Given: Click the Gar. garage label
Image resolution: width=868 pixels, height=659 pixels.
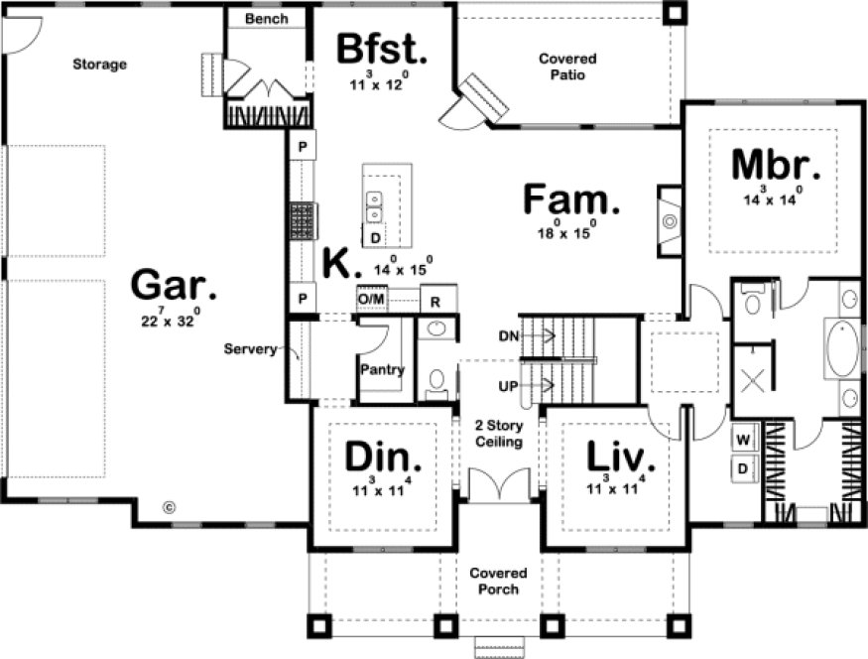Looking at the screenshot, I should [x=174, y=287].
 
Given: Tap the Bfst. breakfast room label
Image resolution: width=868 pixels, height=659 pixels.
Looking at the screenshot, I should [x=382, y=48].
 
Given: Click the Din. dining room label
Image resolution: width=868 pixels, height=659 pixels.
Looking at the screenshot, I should [x=382, y=458].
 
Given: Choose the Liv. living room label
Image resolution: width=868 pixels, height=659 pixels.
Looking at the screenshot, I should [x=621, y=458].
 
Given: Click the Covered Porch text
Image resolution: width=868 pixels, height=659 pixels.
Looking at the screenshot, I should [x=498, y=582].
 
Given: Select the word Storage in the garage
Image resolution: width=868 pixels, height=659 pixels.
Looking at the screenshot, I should [x=99, y=65].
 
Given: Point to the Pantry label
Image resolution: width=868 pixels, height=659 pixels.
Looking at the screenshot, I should [x=382, y=370].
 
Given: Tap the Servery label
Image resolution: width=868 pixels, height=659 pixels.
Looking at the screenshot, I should [x=250, y=349].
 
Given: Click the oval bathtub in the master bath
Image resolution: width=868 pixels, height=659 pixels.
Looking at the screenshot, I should [x=843, y=346].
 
